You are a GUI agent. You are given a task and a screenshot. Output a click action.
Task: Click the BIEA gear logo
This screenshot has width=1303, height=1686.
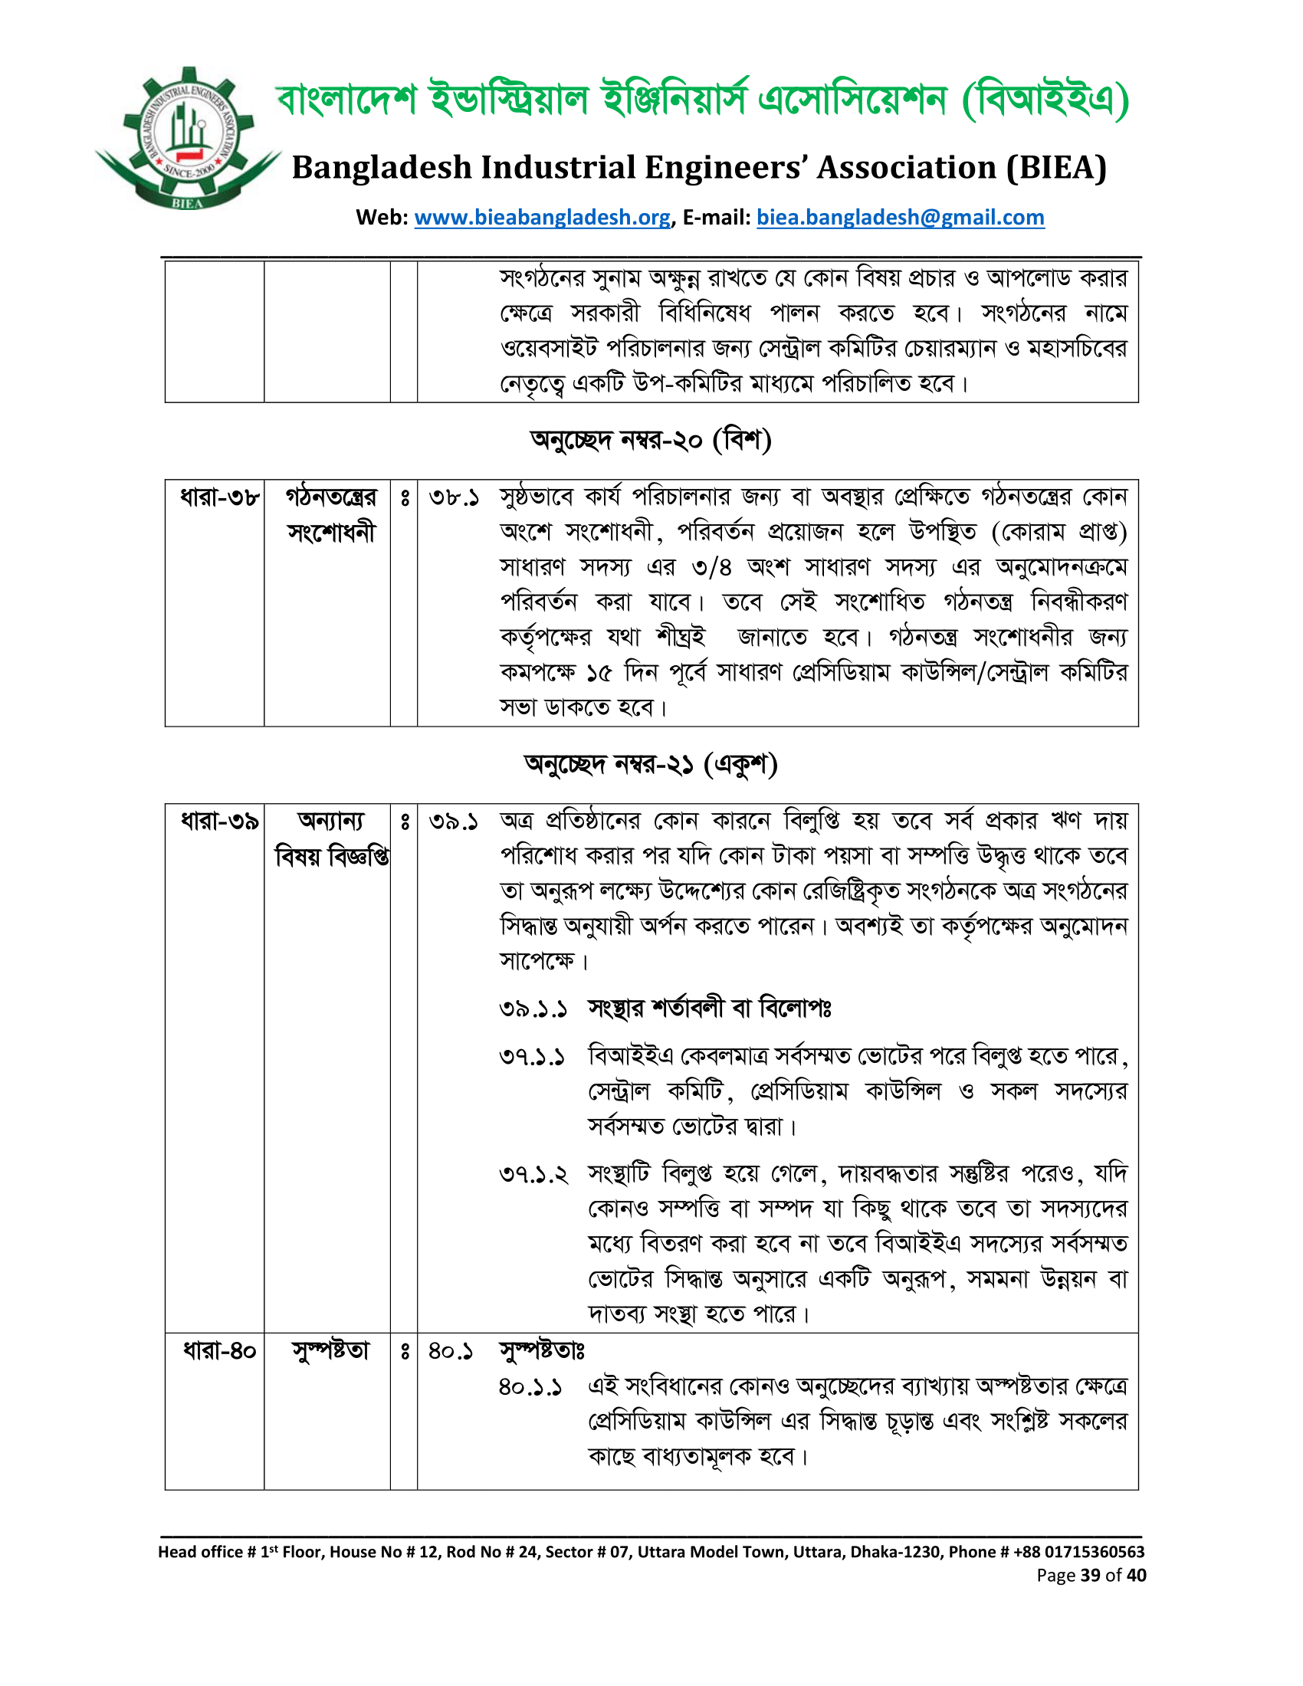coord(188,139)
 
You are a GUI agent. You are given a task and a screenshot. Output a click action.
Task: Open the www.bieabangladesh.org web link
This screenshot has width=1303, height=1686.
coord(542,218)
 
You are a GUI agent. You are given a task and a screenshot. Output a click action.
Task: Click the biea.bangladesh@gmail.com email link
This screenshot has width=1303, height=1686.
coord(900,218)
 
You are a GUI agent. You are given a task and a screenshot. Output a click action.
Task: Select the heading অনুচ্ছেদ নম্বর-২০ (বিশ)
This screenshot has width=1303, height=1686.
coord(651,440)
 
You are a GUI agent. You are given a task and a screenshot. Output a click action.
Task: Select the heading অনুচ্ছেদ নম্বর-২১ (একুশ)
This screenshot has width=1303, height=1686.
coord(651,764)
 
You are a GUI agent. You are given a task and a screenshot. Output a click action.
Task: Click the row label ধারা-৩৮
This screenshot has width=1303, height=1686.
coord(219,497)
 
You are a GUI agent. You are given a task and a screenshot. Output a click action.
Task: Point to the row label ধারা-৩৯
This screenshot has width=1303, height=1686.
coord(219,821)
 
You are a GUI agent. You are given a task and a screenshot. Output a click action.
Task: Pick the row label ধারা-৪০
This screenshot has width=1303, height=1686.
coord(219,1351)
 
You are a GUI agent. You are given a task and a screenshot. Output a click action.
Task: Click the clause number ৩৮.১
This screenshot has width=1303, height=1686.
coord(454,497)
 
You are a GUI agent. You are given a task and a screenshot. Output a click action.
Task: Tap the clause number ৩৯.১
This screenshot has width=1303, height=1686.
coord(454,822)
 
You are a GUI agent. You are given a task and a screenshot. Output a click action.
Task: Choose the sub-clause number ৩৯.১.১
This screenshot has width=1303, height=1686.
coord(533,1009)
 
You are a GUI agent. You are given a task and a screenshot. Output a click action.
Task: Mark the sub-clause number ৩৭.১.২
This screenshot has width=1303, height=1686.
coord(533,1175)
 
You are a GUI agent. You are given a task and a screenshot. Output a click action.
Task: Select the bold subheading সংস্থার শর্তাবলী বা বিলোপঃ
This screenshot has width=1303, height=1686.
coord(710,1009)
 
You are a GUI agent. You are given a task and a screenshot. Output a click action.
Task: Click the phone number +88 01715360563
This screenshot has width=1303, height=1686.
coord(1078,1552)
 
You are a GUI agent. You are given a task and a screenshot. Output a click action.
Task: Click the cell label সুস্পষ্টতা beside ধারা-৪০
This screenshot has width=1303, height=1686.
coord(330,1351)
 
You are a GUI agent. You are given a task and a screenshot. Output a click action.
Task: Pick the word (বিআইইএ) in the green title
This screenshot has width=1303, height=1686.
coord(1046,100)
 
